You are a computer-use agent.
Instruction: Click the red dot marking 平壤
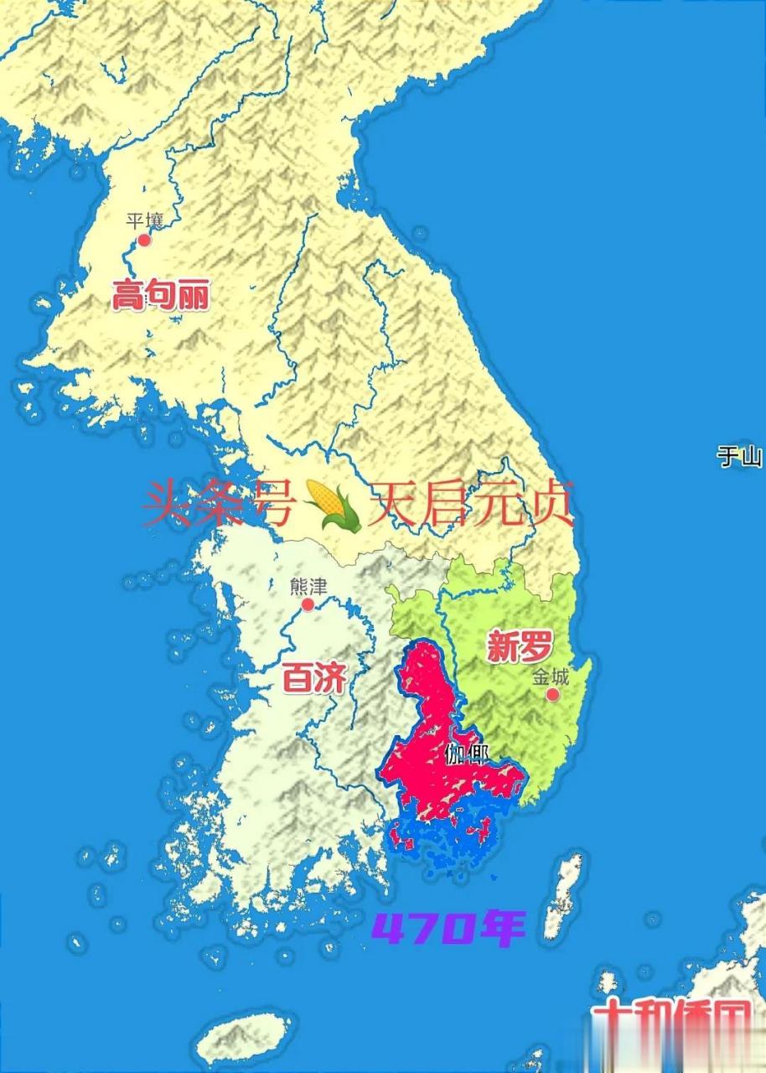pos(144,240)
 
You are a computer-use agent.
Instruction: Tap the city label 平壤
pos(143,220)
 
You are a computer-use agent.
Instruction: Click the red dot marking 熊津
pos(308,604)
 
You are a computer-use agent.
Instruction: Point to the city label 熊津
pos(308,586)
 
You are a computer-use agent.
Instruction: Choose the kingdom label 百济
pos(314,678)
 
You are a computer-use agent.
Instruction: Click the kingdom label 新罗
pos(520,647)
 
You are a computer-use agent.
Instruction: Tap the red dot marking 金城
pos(552,695)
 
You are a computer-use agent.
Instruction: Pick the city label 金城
pos(550,676)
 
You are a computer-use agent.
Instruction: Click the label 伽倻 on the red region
pos(467,754)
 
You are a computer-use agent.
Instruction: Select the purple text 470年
pos(448,928)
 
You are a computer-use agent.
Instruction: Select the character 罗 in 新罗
pos(536,647)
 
